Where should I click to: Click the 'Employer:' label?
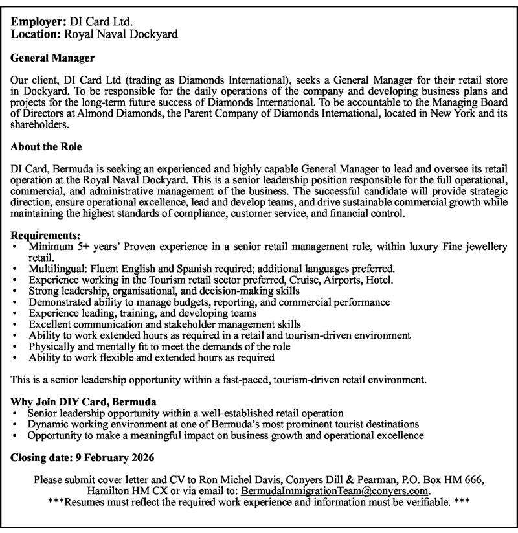[38, 21]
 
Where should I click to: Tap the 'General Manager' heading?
[53, 58]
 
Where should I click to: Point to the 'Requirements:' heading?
[45, 235]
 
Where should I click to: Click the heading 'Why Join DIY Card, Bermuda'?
[84, 402]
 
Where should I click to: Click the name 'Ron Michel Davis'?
[194, 481]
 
